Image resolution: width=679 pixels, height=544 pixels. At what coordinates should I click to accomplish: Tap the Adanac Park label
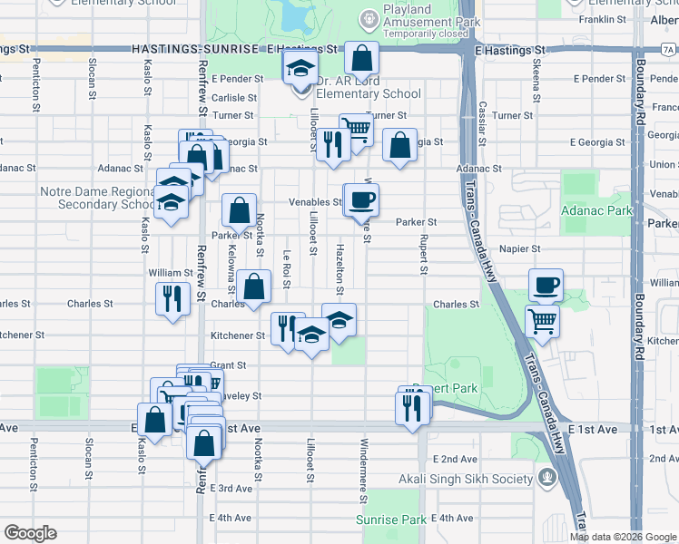click(x=596, y=210)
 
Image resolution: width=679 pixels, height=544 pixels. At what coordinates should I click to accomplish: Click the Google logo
click(x=30, y=533)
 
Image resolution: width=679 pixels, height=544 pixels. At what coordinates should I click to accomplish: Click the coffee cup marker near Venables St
click(x=361, y=199)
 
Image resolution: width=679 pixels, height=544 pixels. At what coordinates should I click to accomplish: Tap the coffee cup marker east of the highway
click(x=546, y=286)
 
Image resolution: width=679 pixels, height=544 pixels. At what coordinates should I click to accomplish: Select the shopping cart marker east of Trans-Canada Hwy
click(x=542, y=320)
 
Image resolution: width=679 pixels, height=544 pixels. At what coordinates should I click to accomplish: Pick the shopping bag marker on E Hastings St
click(x=361, y=59)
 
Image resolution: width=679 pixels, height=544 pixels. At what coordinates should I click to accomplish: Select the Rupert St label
click(x=423, y=256)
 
